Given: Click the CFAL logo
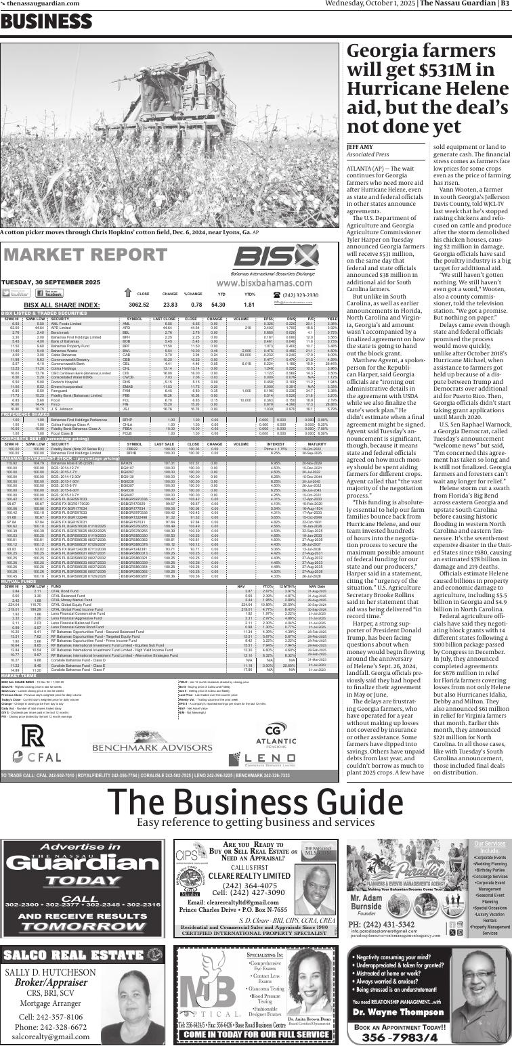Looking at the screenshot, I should [32, 744].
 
